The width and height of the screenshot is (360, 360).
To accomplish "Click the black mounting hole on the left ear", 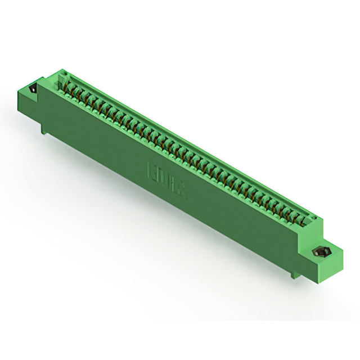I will (32, 89).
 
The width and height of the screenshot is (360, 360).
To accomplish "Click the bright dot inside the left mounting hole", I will (32, 90).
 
